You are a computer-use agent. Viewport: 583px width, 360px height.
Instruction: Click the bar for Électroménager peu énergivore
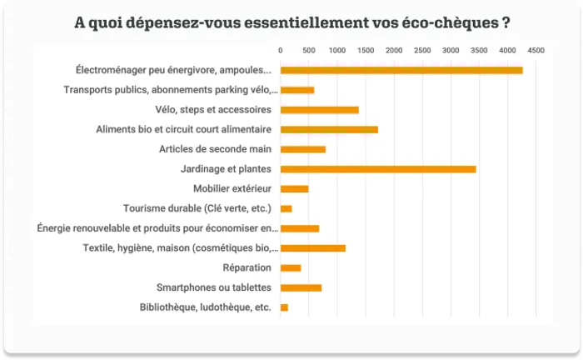click(x=401, y=70)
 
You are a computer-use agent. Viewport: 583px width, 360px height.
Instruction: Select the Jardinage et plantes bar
click(x=378, y=169)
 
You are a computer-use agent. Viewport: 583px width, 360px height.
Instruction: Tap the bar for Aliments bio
click(x=329, y=130)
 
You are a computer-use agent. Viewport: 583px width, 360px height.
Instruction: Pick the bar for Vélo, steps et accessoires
click(x=319, y=110)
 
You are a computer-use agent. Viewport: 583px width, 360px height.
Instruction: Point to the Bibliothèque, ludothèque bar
click(x=284, y=307)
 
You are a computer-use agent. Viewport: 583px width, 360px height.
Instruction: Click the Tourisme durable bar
click(x=286, y=208)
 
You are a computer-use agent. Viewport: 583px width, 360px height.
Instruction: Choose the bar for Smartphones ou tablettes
click(x=301, y=287)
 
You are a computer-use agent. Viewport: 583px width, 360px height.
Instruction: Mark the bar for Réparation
click(x=291, y=267)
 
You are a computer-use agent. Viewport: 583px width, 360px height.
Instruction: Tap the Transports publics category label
click(x=171, y=90)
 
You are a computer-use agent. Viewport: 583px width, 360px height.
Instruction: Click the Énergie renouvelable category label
click(x=158, y=228)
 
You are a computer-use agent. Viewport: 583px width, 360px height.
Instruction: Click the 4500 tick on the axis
click(x=536, y=51)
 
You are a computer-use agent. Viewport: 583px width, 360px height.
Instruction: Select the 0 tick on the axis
click(x=281, y=51)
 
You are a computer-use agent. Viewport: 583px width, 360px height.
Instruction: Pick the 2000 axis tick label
click(x=394, y=51)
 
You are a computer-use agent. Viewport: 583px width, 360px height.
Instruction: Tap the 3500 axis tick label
click(x=479, y=51)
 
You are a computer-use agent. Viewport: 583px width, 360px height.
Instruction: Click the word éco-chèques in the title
click(x=455, y=22)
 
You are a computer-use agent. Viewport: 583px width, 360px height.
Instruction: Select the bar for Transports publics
click(x=297, y=90)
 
